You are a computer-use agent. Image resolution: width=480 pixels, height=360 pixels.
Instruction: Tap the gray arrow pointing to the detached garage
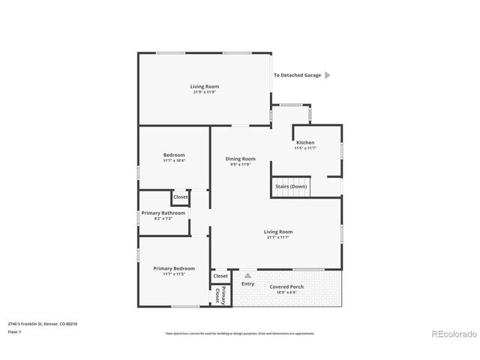(327, 75)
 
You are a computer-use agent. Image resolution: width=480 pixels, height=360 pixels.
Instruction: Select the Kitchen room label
(305, 142)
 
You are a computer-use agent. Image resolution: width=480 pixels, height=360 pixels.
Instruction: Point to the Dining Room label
(241, 158)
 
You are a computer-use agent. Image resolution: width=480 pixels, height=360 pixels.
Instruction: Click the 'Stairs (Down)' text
(290, 185)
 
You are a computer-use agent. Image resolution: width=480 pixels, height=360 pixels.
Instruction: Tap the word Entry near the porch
(247, 283)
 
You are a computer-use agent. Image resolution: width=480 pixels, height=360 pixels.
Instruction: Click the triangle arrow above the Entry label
(247, 275)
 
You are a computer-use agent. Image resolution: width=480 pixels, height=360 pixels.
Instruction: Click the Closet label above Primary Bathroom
(181, 198)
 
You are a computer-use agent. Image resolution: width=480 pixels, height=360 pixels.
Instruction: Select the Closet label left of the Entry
(220, 276)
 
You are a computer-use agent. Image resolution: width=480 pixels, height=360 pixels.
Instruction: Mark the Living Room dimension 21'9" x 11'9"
(204, 92)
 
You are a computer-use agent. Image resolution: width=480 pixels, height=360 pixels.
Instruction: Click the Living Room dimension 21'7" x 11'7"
(278, 237)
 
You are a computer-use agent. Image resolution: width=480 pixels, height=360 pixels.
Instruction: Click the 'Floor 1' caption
(14, 331)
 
